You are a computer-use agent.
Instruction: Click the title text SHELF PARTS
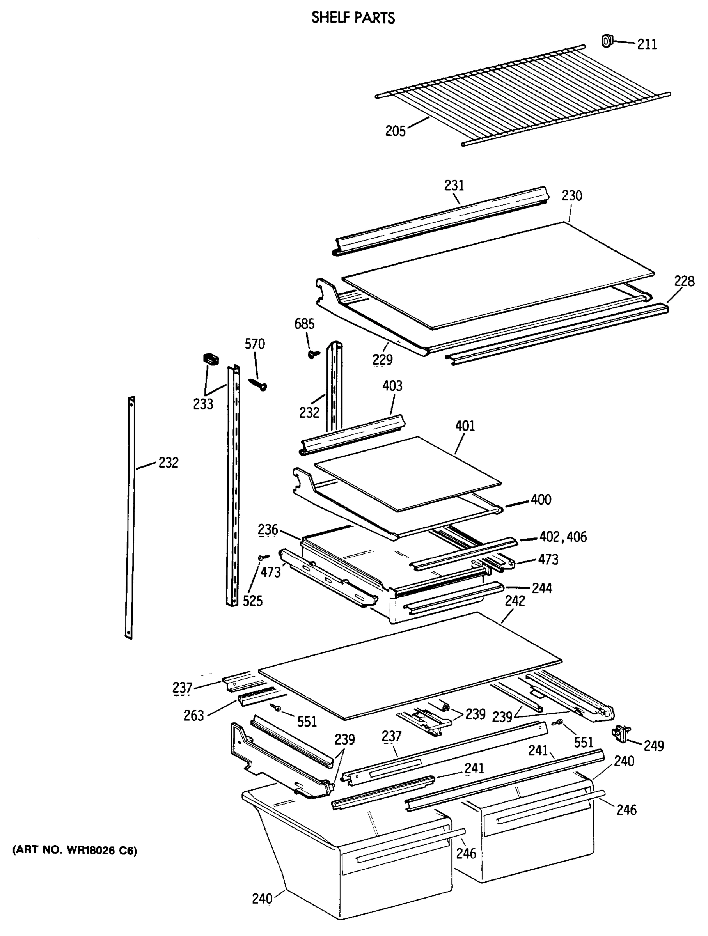[353, 18]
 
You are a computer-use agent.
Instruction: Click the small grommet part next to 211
[607, 41]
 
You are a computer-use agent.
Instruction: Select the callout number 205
[395, 131]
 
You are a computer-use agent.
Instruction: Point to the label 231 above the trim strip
[454, 185]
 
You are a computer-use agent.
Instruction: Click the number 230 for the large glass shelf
[572, 196]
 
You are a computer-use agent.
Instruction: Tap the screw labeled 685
[314, 354]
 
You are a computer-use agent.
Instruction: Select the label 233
[203, 404]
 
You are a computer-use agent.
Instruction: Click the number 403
[392, 386]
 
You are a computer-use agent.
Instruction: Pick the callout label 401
[465, 426]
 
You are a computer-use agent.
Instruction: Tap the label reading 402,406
[563, 537]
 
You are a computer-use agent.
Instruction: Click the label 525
[253, 601]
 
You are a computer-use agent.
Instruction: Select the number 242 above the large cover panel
[515, 601]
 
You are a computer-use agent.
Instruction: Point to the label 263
[194, 716]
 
